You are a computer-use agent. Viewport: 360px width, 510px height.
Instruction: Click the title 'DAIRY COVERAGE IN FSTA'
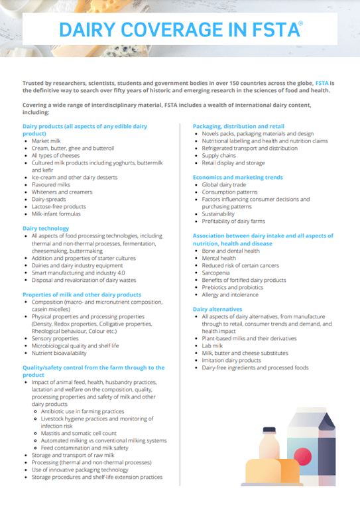pyautogui.click(x=178, y=30)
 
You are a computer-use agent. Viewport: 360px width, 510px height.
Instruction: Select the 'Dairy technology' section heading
pyautogui.click(x=46, y=228)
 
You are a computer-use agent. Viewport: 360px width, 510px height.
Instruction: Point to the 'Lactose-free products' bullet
pyautogui.click(x=59, y=206)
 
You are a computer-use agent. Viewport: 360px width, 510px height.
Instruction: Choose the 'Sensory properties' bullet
pyautogui.click(x=55, y=338)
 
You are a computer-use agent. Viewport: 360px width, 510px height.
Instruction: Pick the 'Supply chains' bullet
pyautogui.click(x=219, y=155)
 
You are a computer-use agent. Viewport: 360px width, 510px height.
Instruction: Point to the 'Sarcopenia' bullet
pyautogui.click(x=217, y=273)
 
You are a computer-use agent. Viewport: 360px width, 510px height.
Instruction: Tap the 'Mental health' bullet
pyautogui.click(x=220, y=258)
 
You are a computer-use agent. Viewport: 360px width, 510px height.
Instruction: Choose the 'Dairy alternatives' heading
pyautogui.click(x=217, y=309)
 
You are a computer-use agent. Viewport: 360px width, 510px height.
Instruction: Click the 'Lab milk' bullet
pyautogui.click(x=213, y=346)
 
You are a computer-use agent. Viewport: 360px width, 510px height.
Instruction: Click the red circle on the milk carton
pyautogui.click(x=302, y=456)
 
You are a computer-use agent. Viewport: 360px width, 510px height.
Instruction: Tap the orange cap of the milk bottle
pyautogui.click(x=268, y=430)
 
